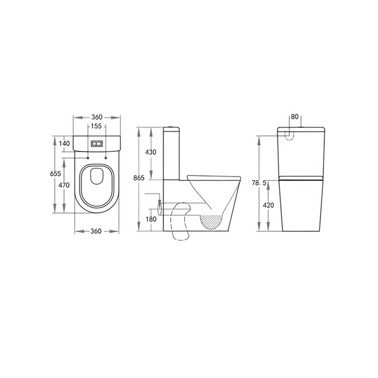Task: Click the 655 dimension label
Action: pos(56,173)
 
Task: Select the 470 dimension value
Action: pos(64,185)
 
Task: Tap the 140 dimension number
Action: pos(64,144)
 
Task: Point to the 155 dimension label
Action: pos(96,126)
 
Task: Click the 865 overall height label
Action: pos(139,178)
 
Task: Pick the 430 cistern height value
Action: pos(151,152)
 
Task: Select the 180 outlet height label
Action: pos(151,219)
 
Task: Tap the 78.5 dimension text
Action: pos(259,183)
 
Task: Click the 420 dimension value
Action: pos(268,205)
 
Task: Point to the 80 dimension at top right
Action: pos(295,117)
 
